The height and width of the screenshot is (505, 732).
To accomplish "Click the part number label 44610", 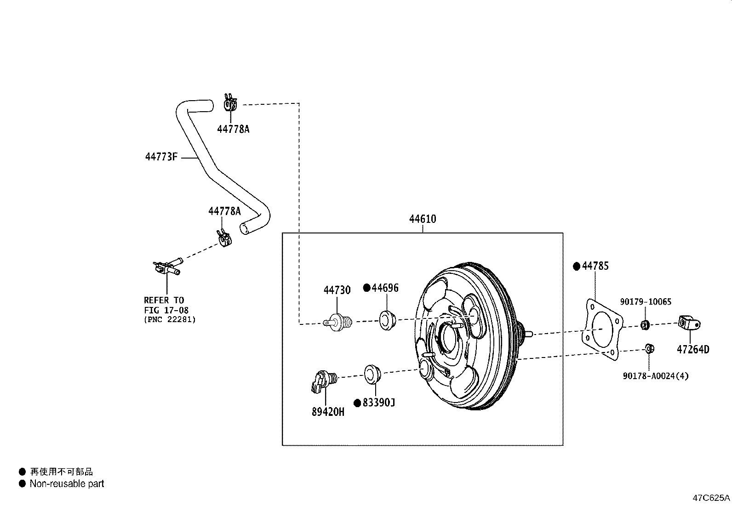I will point(423,219).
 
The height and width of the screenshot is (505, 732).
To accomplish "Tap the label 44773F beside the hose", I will point(161,157).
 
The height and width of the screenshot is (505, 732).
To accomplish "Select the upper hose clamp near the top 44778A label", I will point(230,105).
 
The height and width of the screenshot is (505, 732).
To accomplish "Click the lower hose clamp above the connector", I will point(224,239).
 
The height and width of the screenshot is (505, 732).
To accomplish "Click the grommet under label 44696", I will point(388,319).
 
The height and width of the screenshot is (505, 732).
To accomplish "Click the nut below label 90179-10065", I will point(645,325).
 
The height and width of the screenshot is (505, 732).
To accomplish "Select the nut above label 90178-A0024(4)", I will point(649,348).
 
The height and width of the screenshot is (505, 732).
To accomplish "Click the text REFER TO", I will point(164,301).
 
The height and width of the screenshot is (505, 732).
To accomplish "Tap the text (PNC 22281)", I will point(170,319).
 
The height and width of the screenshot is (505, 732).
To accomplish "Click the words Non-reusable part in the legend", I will point(67,483).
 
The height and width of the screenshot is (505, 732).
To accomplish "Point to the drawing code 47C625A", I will point(711,498).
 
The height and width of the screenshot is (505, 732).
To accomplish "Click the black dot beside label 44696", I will point(366,288).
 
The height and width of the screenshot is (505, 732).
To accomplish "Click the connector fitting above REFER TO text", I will point(166,267).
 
